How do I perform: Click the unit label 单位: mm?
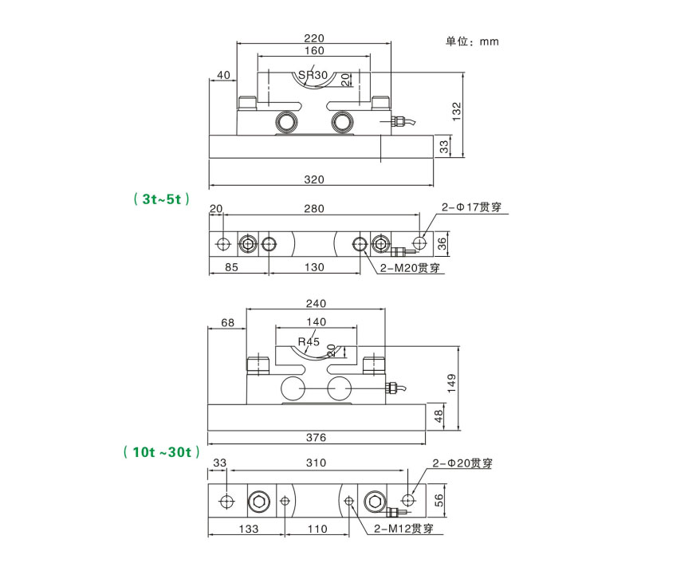point(472,41)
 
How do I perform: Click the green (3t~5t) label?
point(162,200)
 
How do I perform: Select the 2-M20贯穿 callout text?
point(411,268)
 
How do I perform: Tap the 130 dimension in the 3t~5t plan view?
point(315,268)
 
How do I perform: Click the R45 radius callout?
point(308,341)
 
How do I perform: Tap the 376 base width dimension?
point(317,437)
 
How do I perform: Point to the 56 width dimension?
point(438,499)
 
